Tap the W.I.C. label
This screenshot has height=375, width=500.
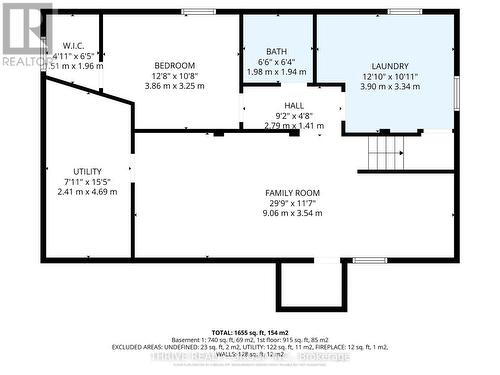(73, 46)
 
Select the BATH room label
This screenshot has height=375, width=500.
(277, 52)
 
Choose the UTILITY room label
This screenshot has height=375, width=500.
(87, 171)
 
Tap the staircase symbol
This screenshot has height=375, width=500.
(385, 153)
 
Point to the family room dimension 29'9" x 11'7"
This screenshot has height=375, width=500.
(292, 202)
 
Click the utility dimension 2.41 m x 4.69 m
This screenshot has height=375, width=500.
(87, 192)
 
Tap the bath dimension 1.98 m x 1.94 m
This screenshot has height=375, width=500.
(277, 73)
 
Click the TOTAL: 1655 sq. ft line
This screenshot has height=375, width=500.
(250, 330)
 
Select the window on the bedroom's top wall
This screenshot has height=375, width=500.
(198, 12)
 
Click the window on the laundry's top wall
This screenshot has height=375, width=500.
(404, 12)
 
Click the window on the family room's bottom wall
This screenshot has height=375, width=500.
(369, 260)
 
